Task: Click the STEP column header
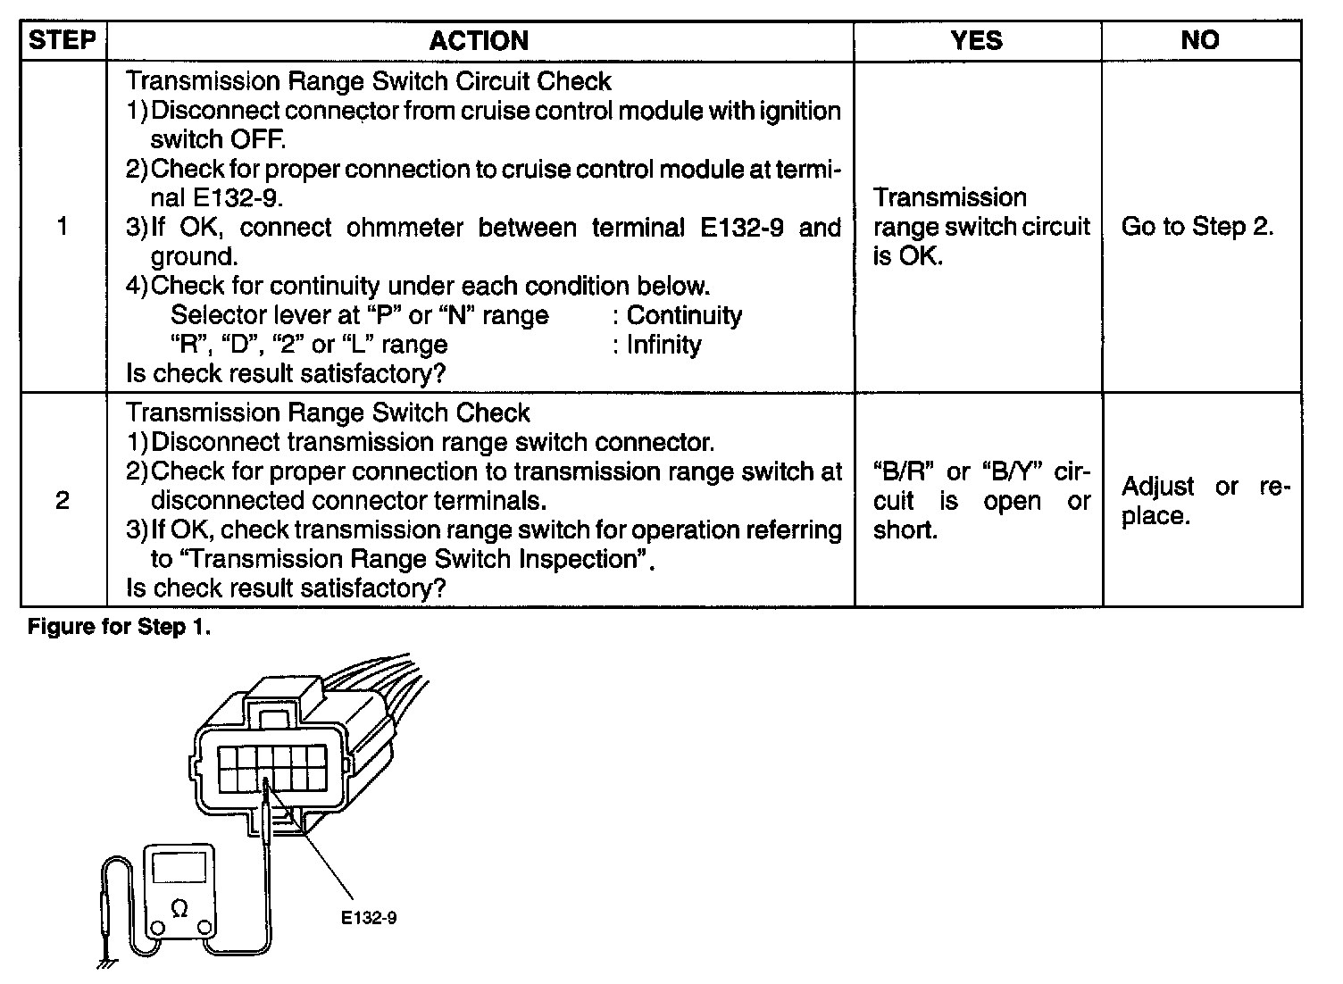[x=63, y=40]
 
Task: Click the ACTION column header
[x=479, y=40]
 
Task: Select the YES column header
[x=977, y=40]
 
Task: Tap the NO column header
[x=1200, y=40]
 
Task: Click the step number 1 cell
[x=63, y=227]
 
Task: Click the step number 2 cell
[x=63, y=500]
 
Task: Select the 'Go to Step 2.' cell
[x=1197, y=227]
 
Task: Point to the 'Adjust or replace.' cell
[x=1201, y=501]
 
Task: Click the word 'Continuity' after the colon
[x=684, y=315]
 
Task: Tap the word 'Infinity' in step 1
[x=663, y=345]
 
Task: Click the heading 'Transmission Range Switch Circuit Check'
[x=368, y=81]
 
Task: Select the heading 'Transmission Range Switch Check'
[x=328, y=413]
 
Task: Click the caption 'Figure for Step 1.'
[x=120, y=627]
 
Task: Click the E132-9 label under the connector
[x=368, y=918]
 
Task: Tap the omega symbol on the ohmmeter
[x=179, y=908]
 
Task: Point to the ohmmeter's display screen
[x=179, y=867]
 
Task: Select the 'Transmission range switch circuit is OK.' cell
[x=980, y=227]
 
